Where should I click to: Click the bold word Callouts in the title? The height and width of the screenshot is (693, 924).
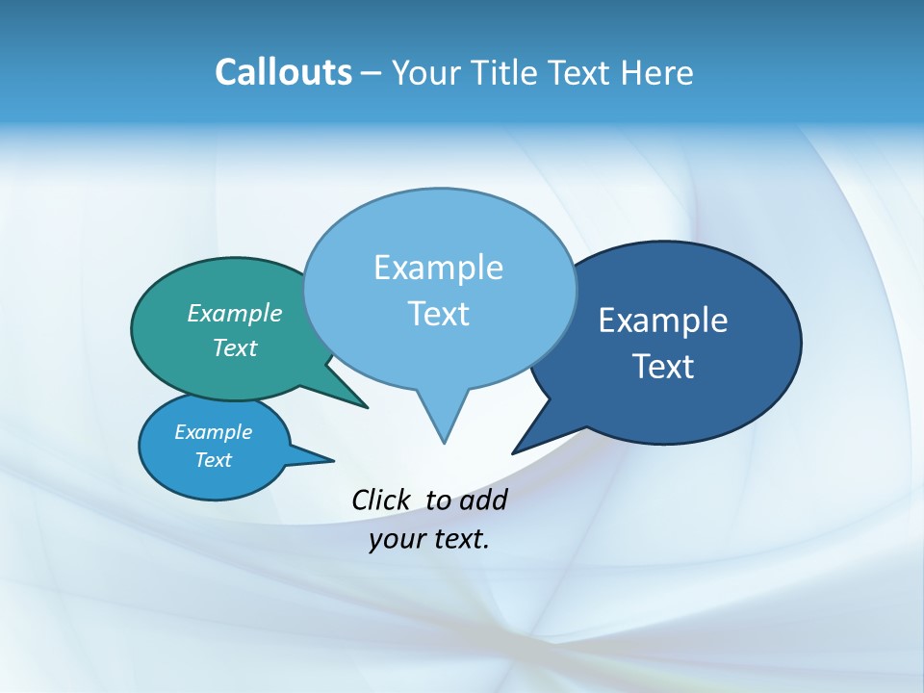click(x=283, y=73)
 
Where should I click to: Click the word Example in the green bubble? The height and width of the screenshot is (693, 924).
click(x=235, y=314)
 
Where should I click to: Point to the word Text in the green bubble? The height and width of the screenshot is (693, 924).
click(x=235, y=347)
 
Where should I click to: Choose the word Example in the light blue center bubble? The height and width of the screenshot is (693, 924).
click(x=438, y=268)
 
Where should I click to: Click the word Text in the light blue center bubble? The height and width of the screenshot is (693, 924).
click(x=438, y=314)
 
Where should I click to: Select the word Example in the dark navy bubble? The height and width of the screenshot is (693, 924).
click(x=663, y=321)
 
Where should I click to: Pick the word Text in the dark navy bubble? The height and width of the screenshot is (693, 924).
click(x=663, y=367)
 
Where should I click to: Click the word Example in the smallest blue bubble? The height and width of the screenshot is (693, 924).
click(x=213, y=432)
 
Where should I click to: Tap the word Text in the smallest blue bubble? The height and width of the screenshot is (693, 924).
click(x=213, y=460)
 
